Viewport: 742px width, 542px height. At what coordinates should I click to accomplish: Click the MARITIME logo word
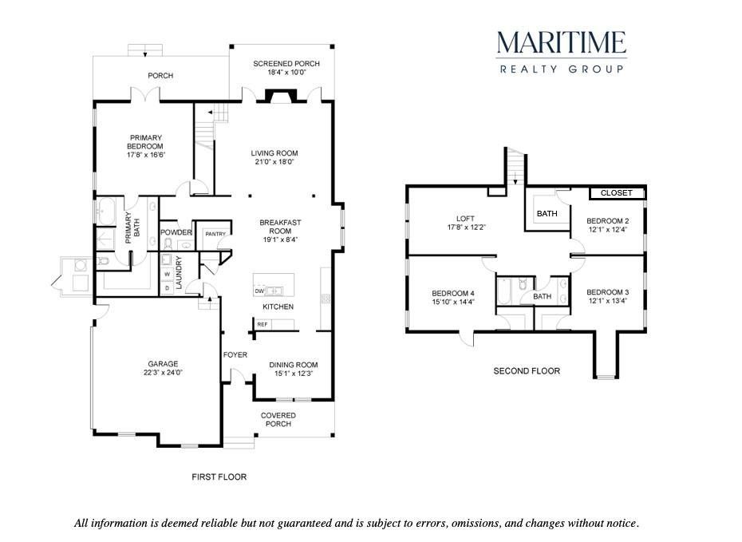562,42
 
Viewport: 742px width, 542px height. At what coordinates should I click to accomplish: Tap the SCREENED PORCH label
286,63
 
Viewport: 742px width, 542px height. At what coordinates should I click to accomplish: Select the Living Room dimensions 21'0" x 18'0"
274,162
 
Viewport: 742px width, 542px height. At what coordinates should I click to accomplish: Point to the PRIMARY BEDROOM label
145,142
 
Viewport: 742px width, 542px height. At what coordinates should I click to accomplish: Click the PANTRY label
215,234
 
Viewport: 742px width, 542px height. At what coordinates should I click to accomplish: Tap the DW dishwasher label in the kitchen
259,291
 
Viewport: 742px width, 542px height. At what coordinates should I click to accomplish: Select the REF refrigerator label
262,324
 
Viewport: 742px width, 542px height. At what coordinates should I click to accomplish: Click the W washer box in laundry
167,275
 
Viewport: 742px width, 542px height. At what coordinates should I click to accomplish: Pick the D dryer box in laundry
167,287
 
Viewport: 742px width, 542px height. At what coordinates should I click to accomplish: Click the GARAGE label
164,363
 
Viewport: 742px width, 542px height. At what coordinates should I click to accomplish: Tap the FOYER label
235,354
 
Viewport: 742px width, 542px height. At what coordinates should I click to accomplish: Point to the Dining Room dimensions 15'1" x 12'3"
294,374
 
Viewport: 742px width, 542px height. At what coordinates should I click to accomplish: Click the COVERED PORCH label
278,419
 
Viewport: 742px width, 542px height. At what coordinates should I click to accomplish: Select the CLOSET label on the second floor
617,192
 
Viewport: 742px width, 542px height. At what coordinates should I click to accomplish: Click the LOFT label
465,219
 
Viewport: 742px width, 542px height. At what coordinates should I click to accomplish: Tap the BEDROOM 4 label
453,293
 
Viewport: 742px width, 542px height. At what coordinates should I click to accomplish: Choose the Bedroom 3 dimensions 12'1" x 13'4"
608,301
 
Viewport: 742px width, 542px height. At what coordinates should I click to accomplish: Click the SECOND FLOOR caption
527,371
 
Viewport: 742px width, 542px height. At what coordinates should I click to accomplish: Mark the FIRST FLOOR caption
219,477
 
